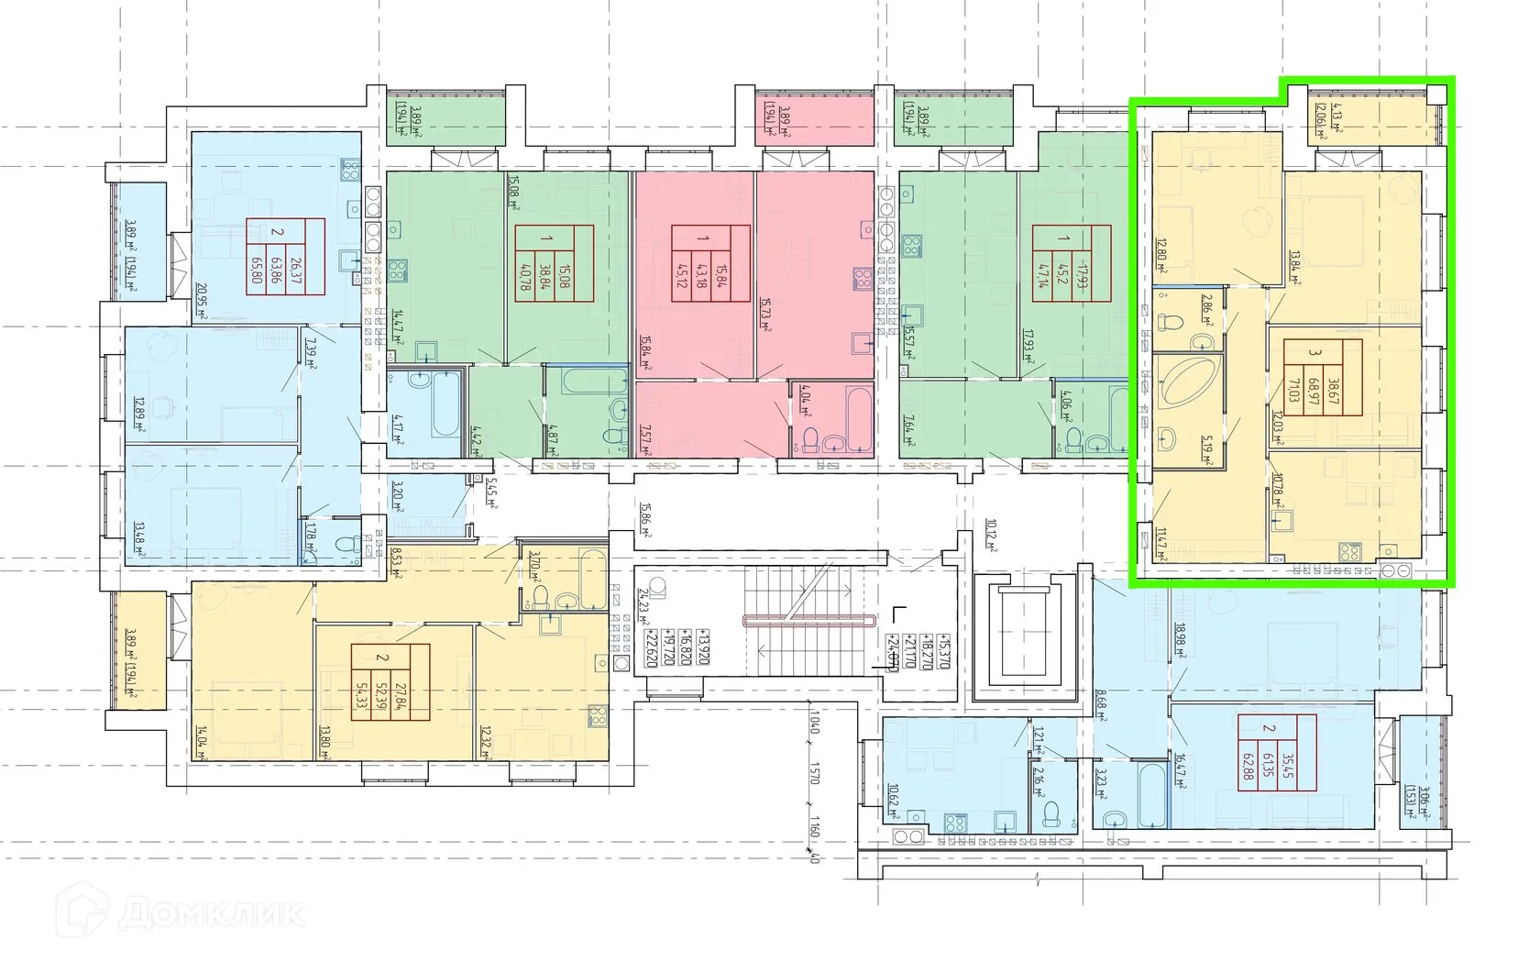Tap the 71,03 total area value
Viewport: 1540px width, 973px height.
point(1293,378)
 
